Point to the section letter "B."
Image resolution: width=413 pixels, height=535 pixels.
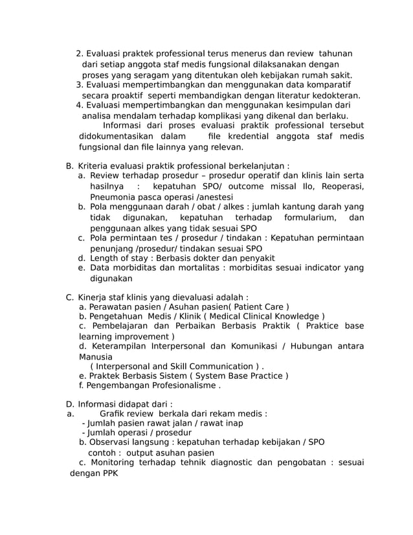[x=70, y=165]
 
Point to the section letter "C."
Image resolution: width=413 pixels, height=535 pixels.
[x=70, y=297]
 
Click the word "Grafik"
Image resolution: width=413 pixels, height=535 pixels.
[x=114, y=414]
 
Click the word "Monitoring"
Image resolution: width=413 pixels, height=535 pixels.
[x=114, y=462]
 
